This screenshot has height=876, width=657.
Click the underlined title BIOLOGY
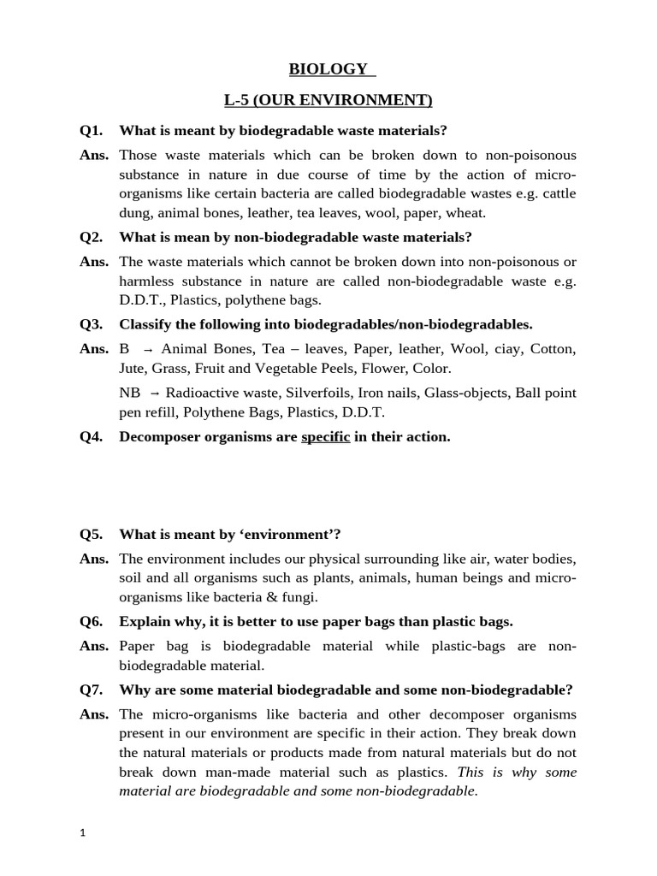tap(328, 68)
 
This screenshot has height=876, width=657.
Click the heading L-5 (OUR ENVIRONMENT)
tap(328, 100)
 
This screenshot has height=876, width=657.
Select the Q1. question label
tap(92, 130)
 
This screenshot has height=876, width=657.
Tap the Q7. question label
tap(92, 690)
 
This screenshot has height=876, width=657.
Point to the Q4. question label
tap(92, 436)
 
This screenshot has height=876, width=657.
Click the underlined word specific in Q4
tap(326, 436)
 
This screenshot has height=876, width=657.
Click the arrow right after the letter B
tap(148, 349)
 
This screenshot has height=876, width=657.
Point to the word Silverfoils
tap(286, 392)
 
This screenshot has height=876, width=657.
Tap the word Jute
tap(133, 369)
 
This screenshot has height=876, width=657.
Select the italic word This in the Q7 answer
tap(474, 772)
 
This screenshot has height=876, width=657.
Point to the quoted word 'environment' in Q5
tap(289, 535)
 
